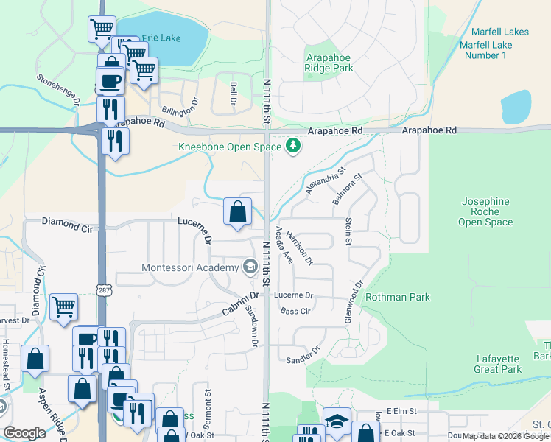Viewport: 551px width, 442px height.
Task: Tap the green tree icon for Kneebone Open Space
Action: [294, 146]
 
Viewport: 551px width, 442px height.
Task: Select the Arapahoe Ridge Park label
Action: [329, 62]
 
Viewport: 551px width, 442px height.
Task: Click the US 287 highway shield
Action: [102, 290]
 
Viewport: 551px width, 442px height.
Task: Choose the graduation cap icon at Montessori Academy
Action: [250, 267]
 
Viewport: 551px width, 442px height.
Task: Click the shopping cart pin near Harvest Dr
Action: [64, 306]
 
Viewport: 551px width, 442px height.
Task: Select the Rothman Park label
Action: [398, 297]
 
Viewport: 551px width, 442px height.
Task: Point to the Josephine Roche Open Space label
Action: [485, 211]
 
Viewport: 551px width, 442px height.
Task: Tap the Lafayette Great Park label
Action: [499, 364]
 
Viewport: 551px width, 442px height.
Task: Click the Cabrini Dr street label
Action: [242, 302]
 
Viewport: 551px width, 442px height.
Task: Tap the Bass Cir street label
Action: [295, 312]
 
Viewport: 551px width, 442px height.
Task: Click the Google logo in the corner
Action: [24, 432]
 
